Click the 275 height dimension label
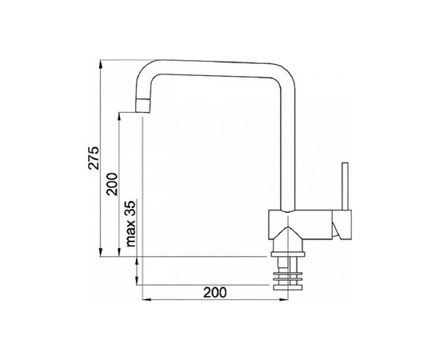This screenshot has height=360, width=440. (x=94, y=158)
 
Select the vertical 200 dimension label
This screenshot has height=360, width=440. (x=112, y=184)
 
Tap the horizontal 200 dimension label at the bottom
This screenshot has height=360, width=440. (x=215, y=293)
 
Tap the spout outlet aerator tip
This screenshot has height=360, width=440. (x=142, y=106)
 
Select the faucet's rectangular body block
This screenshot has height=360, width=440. (x=300, y=225)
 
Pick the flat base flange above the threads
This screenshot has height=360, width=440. (x=288, y=254)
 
